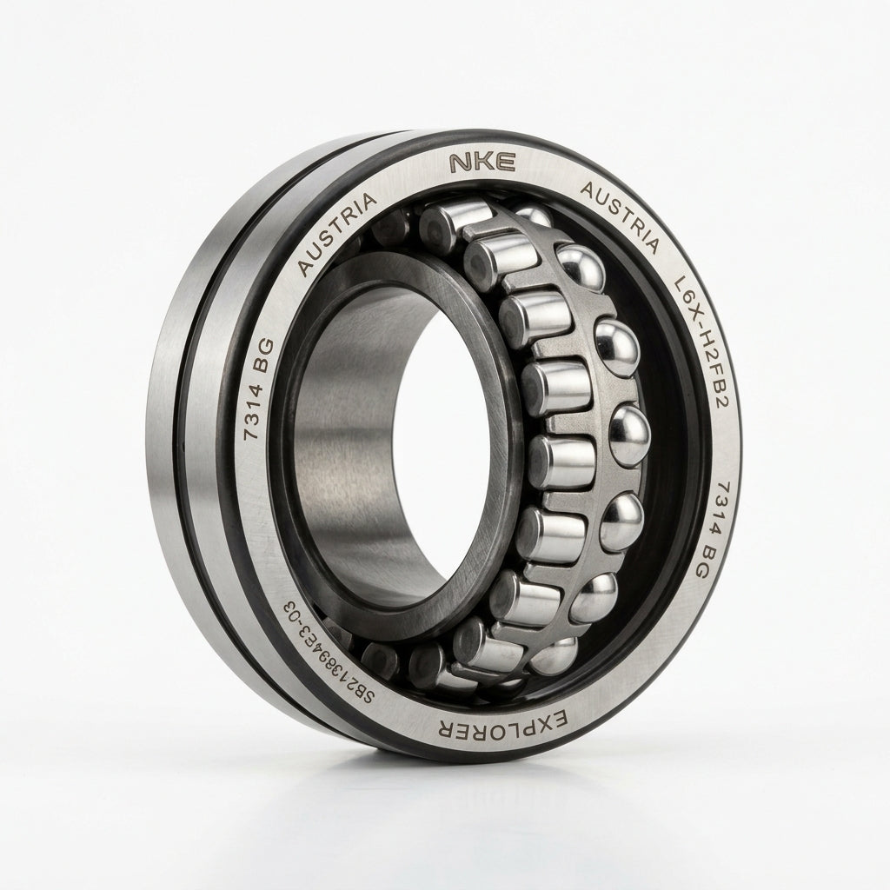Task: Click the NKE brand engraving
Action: coord(482,162)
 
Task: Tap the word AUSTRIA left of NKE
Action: coord(337,233)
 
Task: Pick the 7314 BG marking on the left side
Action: coord(258,389)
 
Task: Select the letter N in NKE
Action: coord(461,163)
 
